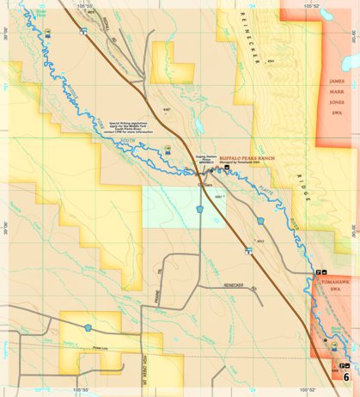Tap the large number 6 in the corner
(x=346, y=376)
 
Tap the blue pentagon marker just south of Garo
(x=199, y=209)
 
